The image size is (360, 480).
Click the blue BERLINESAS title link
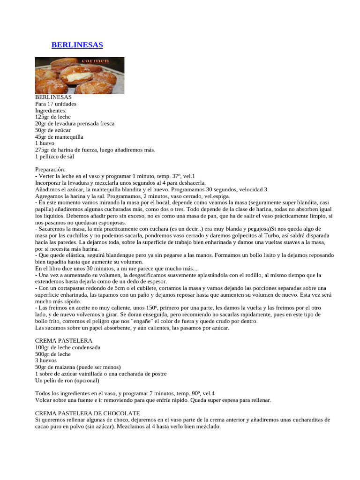pyautogui.click(x=77, y=45)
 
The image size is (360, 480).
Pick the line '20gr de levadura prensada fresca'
pyautogui.click(x=75, y=123)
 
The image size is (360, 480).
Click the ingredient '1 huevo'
pyautogui.click(x=45, y=143)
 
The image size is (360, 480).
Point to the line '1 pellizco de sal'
pyautogui.click(x=55, y=156)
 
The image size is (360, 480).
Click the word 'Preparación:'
pyautogui.click(x=51, y=169)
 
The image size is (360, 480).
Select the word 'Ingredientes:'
pyautogui.click(x=51, y=110)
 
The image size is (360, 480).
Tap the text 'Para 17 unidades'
pyautogui.click(x=56, y=104)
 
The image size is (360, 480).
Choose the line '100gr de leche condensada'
pyautogui.click(x=67, y=347)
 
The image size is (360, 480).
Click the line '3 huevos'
pyautogui.click(x=46, y=360)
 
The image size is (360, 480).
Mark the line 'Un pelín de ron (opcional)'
pyautogui.click(x=67, y=380)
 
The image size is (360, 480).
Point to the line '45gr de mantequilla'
pyautogui.click(x=59, y=136)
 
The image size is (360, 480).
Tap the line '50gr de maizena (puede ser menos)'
pyautogui.click(x=78, y=367)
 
